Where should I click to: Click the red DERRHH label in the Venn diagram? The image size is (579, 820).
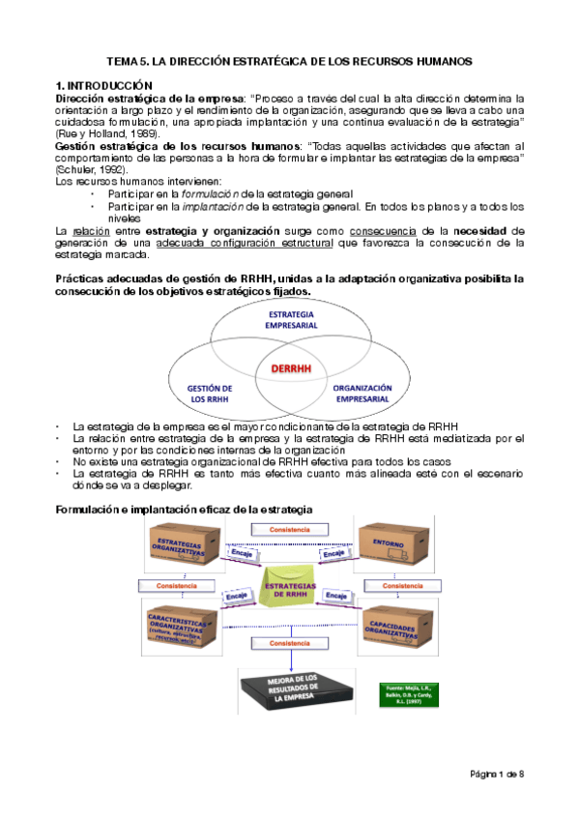[290, 369]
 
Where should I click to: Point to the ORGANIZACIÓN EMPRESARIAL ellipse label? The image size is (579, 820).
[362, 392]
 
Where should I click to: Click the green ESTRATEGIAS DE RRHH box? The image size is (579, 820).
[290, 591]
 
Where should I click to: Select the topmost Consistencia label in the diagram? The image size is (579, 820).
[290, 530]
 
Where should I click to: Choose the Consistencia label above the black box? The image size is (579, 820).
[290, 643]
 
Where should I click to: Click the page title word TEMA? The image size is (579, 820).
[123, 61]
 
